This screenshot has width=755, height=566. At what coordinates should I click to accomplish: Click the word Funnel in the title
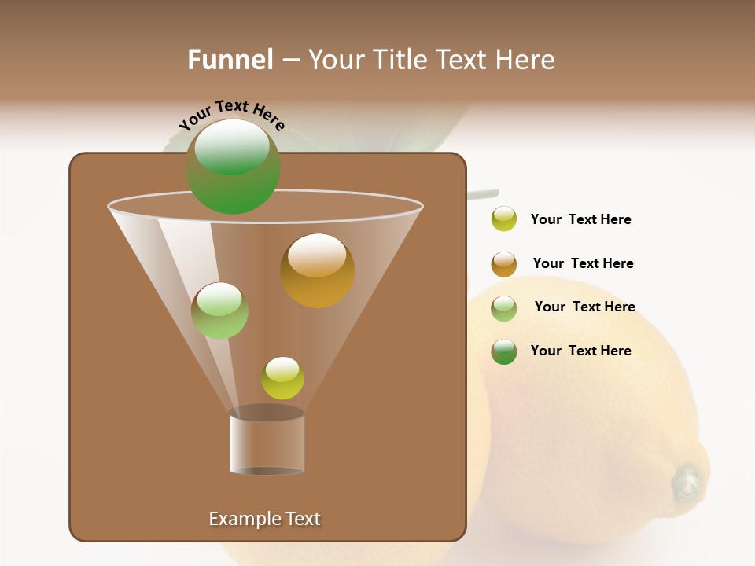coord(230,60)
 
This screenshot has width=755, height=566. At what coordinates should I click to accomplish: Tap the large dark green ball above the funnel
coord(233,167)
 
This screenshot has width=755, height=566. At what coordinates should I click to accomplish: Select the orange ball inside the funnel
coord(317,270)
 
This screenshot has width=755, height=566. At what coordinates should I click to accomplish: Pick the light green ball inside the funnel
coord(219,311)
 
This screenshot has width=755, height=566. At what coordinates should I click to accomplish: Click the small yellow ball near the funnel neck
coord(282,378)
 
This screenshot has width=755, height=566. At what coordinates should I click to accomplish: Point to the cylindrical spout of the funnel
coord(267,442)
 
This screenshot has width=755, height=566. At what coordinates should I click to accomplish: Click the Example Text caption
coord(264,519)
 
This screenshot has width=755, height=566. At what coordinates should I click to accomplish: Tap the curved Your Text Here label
coord(232,115)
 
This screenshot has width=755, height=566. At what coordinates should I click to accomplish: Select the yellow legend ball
coord(504,219)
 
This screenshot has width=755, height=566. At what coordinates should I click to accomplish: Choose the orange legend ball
coord(504,264)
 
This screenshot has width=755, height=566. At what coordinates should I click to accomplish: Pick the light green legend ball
coord(504,308)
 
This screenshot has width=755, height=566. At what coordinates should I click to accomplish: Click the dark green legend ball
coord(504,351)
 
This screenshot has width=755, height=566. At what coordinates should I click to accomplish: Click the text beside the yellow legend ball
coord(580,219)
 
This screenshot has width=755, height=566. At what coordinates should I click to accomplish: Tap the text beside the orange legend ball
coord(583,263)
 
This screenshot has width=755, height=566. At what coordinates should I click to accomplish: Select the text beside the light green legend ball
coord(584,307)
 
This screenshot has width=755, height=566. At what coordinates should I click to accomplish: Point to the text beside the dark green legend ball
coord(580,351)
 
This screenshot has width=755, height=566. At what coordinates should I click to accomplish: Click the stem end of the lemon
coord(687,481)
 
